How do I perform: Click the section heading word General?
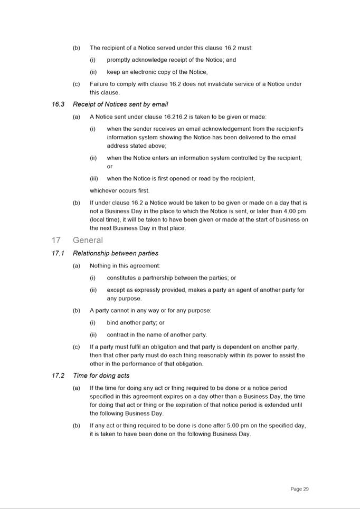coord(88,241)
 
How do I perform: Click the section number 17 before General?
coord(56,241)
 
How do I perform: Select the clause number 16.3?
coord(58,104)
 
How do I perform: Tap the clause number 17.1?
coord(58,254)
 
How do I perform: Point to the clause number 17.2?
coord(58,376)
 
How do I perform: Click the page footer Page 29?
coord(299,489)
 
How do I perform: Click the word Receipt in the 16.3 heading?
coord(84,104)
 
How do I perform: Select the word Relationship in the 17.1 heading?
coord(91,254)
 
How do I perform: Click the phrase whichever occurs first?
coord(119,191)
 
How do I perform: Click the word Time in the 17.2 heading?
coord(80,376)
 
